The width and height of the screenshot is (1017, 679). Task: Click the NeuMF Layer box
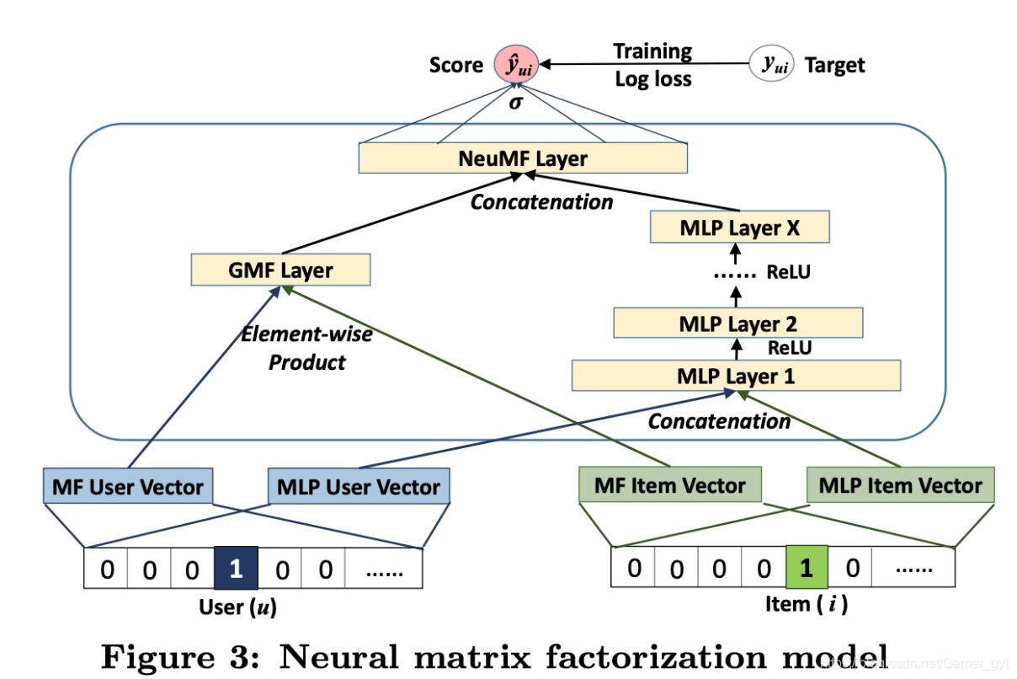(x=523, y=158)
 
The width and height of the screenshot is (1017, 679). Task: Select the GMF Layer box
(x=280, y=270)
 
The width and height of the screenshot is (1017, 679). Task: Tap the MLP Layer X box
(x=739, y=227)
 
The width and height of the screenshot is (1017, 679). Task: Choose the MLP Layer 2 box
(x=738, y=323)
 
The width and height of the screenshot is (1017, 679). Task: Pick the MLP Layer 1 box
(x=736, y=376)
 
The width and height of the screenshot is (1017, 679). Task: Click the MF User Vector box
(x=128, y=486)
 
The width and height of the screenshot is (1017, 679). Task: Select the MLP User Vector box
(x=359, y=486)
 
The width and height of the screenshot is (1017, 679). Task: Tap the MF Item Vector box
(x=670, y=484)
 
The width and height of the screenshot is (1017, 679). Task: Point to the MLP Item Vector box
(x=900, y=484)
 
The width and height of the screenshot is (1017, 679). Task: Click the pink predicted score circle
(x=516, y=64)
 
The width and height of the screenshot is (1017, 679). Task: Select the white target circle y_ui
(x=771, y=63)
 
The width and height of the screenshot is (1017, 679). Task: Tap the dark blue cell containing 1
(x=236, y=568)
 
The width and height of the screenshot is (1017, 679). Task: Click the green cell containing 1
(x=807, y=567)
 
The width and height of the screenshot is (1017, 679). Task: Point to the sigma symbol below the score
(x=516, y=102)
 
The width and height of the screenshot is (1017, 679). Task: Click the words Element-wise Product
(x=307, y=348)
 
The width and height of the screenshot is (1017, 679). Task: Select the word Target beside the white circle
(x=835, y=65)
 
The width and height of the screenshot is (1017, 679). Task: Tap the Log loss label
(x=653, y=79)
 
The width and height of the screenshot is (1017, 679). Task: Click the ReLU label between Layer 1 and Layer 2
(x=790, y=348)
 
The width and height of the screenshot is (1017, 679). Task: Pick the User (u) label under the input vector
(x=238, y=607)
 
